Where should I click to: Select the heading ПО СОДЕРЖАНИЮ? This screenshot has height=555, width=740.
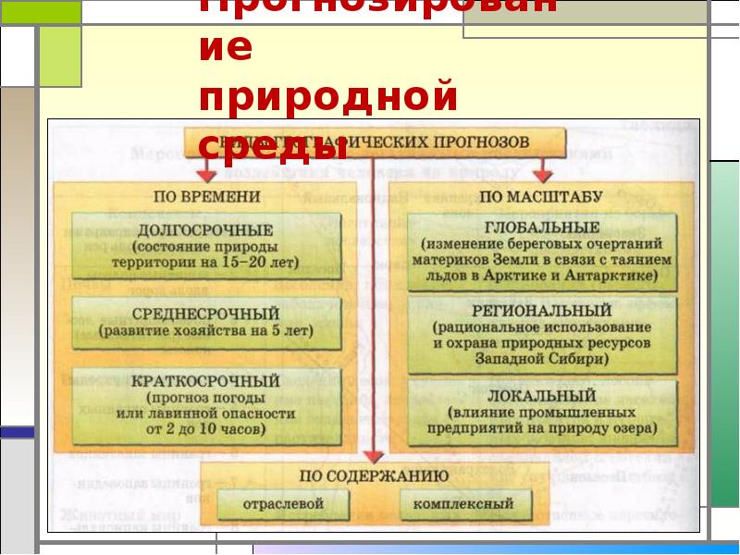(x=374, y=475)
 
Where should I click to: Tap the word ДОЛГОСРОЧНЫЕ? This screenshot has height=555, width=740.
(x=205, y=229)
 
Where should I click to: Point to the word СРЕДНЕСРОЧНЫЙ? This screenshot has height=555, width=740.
(x=205, y=313)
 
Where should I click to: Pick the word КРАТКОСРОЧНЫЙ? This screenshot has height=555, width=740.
(x=205, y=380)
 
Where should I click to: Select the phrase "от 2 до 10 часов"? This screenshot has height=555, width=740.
(x=205, y=430)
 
